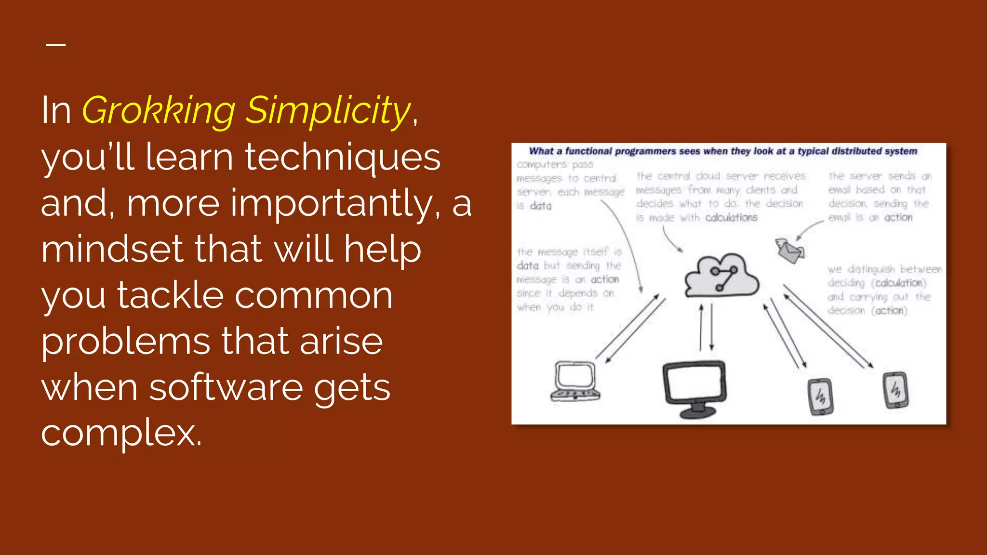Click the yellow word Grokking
pos(159,110)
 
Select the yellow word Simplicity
pos(328,110)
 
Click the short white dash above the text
pos(56,45)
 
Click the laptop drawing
pos(575,381)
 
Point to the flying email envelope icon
pos(789,250)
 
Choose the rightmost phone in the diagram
pos(895,390)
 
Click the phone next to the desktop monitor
pos(820,396)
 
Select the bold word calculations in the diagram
pos(731,218)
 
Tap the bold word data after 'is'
pos(540,206)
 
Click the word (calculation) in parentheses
pos(898,283)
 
